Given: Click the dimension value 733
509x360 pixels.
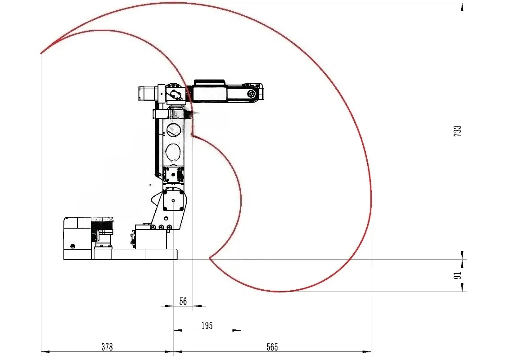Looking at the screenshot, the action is click(457, 130).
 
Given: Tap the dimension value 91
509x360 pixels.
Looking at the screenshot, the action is click(457, 275).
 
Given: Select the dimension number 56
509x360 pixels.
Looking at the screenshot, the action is click(183, 301).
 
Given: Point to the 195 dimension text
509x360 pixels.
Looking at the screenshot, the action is click(207, 326).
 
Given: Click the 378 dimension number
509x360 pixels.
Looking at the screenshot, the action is click(107, 347).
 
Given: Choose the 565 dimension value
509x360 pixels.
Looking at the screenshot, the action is click(272, 347).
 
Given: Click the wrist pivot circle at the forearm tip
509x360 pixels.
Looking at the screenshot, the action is click(251, 94).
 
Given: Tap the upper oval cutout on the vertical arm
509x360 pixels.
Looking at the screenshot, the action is click(174, 130).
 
